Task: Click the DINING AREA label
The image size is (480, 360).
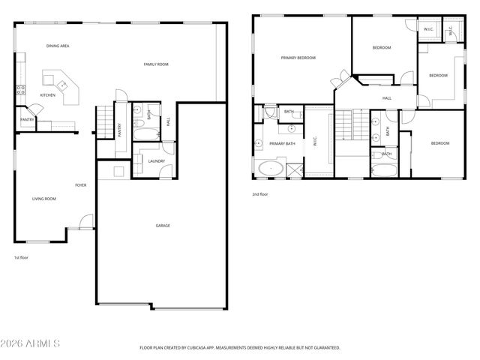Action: [58, 46]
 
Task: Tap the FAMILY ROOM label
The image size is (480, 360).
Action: [156, 65]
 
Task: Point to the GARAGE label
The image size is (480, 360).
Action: [162, 225]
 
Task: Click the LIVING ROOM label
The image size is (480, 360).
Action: [43, 199]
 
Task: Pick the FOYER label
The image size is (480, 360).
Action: [80, 184]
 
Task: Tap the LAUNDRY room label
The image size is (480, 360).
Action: [157, 160]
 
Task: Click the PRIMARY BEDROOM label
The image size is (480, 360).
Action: [298, 58]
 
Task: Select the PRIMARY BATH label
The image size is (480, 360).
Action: [282, 143]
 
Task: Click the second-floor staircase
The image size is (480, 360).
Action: [343, 124]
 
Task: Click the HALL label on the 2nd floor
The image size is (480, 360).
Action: [387, 97]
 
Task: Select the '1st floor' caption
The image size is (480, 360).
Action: [22, 257]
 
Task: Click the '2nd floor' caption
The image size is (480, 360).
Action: [260, 194]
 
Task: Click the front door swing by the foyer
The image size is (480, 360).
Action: [87, 221]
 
